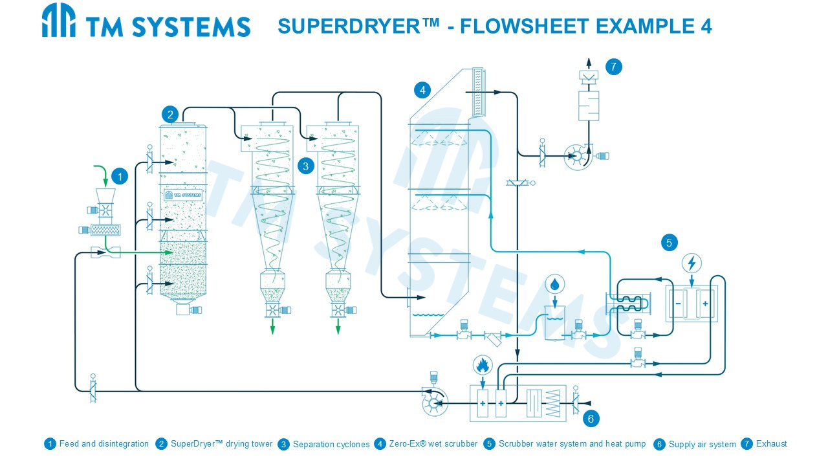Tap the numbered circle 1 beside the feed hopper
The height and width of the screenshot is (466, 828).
120,175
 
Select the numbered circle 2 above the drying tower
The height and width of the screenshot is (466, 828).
170,115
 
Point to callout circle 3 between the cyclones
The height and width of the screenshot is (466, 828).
305,166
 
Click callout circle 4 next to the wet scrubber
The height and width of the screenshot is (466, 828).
422,89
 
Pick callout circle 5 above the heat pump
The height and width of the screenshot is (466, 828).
669,243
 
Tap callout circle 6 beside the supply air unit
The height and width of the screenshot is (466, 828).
591,418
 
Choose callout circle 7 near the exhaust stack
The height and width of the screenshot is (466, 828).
613,66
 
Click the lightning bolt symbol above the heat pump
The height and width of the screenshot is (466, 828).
692,263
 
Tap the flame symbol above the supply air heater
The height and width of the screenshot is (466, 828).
482,366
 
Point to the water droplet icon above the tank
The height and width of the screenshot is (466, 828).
554,283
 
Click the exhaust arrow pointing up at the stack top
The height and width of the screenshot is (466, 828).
589,63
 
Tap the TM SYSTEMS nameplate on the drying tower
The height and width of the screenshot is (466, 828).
183,194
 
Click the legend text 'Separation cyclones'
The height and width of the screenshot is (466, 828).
331,445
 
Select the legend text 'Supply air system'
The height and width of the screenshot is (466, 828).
702,445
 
